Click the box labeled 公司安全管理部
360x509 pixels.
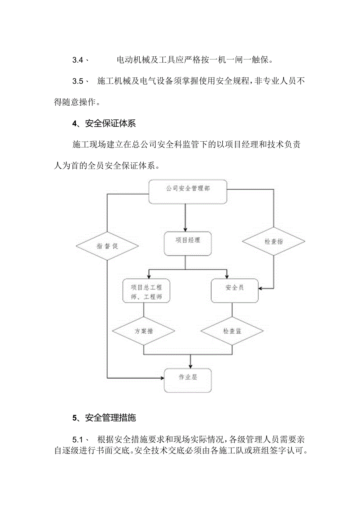coord(187,191)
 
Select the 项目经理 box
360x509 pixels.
coord(187,244)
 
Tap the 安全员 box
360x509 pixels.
coord(234,290)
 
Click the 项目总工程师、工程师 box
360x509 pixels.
coord(146,291)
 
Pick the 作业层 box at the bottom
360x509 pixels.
coord(187,380)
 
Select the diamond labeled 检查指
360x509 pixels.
coord(273,241)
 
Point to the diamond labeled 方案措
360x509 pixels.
coord(144,331)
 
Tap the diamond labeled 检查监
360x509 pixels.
coord(232,331)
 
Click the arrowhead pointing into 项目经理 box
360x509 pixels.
coord(185,230)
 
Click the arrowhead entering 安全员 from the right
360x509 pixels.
coord(261,288)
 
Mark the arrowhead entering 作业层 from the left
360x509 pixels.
coord(162,378)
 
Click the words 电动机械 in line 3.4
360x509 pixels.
coord(131,60)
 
